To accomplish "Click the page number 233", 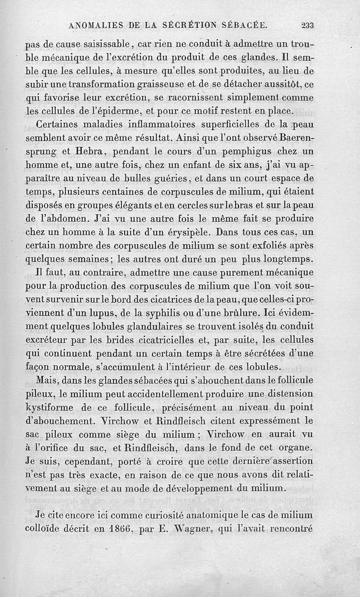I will (x=308, y=26).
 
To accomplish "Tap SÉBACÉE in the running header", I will (x=246, y=26).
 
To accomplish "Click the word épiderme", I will (x=128, y=111).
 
